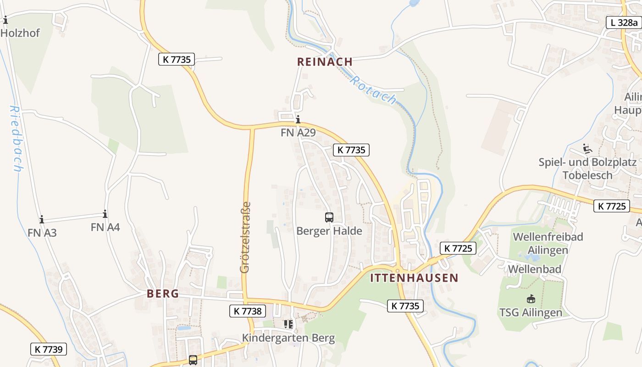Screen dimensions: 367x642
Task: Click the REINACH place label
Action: point(325,61)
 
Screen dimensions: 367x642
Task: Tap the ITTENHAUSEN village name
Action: point(414,278)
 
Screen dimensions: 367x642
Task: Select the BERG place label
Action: point(163,294)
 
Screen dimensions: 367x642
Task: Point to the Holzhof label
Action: point(20,33)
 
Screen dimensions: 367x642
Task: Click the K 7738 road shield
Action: point(247,311)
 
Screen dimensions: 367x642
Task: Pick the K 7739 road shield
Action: point(49,349)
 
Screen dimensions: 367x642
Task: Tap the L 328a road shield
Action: point(624,22)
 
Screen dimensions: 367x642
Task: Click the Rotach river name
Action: point(372,90)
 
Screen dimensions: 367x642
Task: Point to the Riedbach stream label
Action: point(16,139)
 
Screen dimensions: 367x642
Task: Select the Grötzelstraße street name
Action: point(245,238)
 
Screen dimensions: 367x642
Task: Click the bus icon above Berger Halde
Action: point(329,217)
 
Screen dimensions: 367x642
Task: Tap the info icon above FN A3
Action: point(42,219)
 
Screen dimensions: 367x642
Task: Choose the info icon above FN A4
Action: point(105,214)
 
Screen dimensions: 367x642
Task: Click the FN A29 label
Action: point(298,133)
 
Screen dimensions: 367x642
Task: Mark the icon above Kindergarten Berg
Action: point(288,325)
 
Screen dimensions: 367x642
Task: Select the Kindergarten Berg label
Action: point(288,339)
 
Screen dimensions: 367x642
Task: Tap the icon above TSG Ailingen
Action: point(531,299)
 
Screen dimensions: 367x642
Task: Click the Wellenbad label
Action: point(535,269)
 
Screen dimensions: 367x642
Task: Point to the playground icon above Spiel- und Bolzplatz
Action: point(587,149)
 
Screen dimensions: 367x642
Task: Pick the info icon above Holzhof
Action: point(6,20)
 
